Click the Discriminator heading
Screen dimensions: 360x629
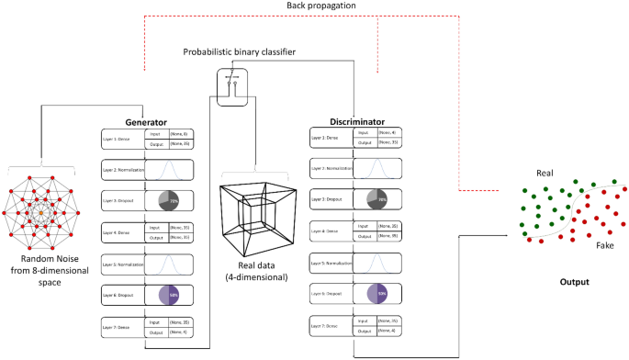(x=355, y=121)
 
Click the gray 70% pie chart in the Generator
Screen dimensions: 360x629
(x=169, y=201)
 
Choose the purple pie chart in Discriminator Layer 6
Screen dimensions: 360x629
(x=377, y=295)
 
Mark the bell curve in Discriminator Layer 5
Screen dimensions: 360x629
(x=377, y=264)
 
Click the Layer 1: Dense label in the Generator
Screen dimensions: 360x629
(x=121, y=140)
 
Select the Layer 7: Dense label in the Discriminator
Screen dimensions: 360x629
(x=330, y=326)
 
